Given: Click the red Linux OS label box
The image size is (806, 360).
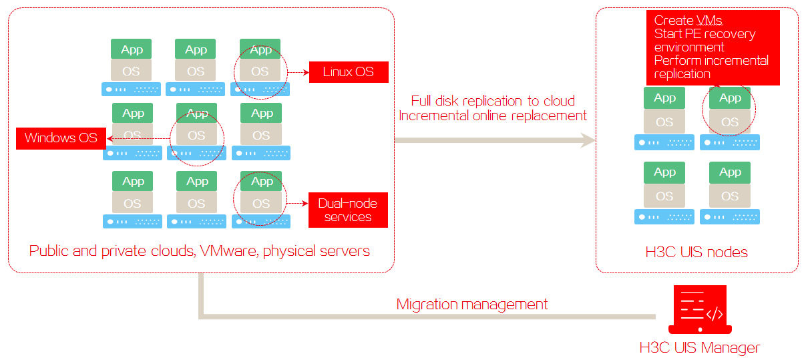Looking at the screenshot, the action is (349, 72).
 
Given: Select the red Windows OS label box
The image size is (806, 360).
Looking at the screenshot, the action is (61, 138).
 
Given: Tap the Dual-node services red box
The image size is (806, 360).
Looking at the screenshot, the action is (348, 210).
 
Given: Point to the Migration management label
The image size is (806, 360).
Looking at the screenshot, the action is (471, 305).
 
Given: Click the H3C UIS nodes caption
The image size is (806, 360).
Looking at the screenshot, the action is (696, 252).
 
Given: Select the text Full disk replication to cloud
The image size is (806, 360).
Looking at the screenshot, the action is (493, 101).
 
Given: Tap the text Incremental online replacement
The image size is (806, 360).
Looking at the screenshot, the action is (493, 116).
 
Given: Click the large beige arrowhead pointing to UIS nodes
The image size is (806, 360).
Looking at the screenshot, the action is (587, 140).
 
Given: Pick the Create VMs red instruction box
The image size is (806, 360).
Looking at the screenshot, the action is (713, 47).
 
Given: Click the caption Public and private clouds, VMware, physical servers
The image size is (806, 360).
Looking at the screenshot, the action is (200, 251).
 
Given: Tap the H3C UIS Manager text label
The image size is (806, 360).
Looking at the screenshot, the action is (700, 348).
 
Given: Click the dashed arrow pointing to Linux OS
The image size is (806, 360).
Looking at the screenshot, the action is (298, 72).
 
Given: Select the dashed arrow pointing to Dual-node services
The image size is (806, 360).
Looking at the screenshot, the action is (297, 204).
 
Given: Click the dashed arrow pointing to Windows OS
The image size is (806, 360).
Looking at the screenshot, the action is (138, 138).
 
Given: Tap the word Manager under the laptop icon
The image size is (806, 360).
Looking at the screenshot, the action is (730, 348).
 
